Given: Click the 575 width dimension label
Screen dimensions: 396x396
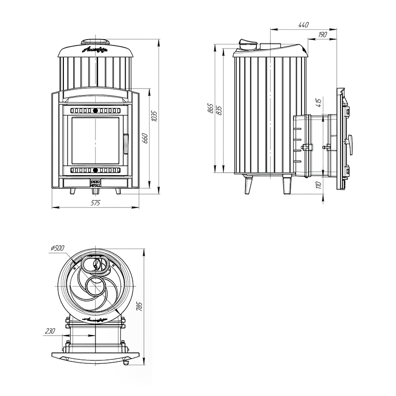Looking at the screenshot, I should pos(96,203).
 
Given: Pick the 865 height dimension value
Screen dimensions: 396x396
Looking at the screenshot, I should pos(210,109).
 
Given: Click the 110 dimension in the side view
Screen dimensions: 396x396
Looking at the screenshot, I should pos(319,185).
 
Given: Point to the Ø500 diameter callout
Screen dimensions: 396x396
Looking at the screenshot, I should pos(57,248).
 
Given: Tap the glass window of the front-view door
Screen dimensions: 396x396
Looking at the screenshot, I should pos(96,141).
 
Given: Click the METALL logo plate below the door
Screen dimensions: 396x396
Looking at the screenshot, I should pos(96,182).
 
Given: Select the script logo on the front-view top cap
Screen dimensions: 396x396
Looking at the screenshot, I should pos(96,50).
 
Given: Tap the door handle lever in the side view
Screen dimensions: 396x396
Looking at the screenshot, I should pos(351,144).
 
